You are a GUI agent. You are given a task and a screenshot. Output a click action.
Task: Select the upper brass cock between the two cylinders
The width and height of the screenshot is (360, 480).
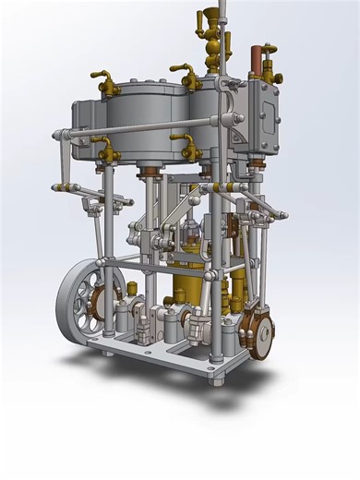(188, 77)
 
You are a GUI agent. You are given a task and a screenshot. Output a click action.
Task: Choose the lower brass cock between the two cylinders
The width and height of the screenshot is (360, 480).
(188, 145)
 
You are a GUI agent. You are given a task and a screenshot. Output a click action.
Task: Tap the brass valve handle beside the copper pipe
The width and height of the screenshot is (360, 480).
(268, 56)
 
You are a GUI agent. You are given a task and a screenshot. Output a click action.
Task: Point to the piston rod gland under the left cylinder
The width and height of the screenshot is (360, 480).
(149, 174)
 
